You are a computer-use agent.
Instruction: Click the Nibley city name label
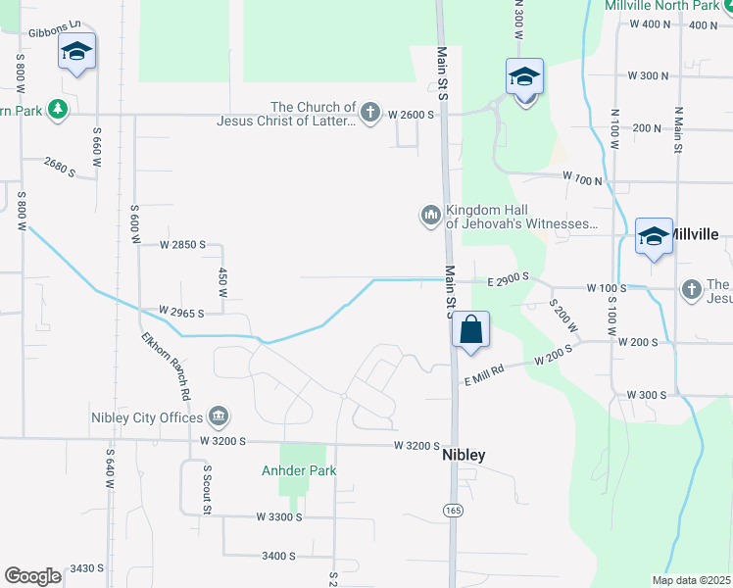[x=464, y=456]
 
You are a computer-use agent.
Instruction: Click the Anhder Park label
[x=299, y=470]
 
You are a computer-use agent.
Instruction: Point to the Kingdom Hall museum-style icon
[x=430, y=215]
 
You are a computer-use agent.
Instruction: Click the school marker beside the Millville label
[x=654, y=236]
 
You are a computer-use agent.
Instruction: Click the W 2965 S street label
[x=181, y=313]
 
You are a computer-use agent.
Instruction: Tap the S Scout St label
[x=208, y=489]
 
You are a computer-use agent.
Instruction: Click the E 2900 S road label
[x=508, y=279]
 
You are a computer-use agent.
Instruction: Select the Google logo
[x=32, y=576]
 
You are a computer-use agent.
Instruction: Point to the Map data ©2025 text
[x=692, y=580]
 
